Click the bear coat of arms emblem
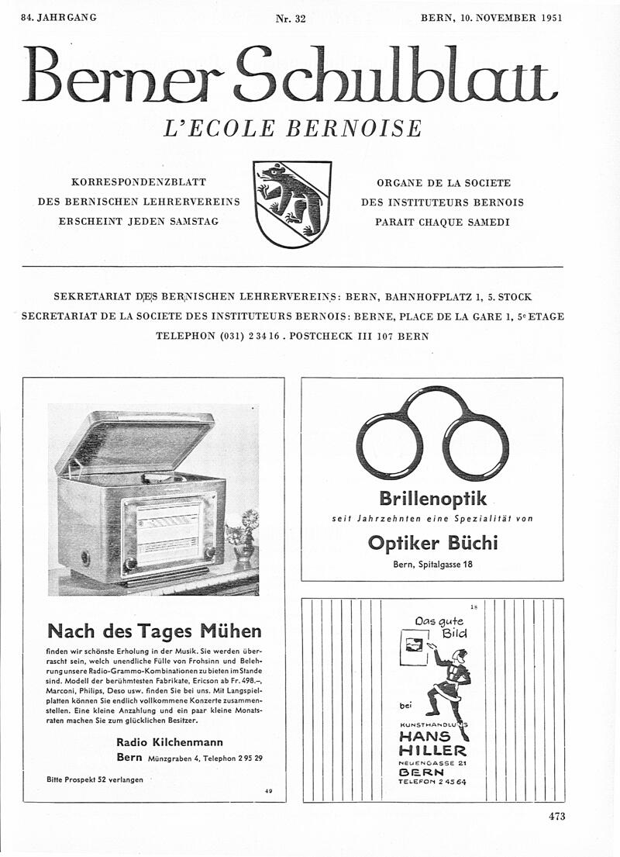[x=292, y=203]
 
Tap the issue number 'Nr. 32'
[x=291, y=19]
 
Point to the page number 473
[x=556, y=815]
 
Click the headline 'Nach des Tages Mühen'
[x=154, y=631]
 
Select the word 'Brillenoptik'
[x=432, y=498]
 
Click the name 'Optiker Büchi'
[x=432, y=543]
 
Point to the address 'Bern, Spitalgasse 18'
[x=432, y=564]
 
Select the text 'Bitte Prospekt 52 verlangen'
[x=95, y=779]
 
